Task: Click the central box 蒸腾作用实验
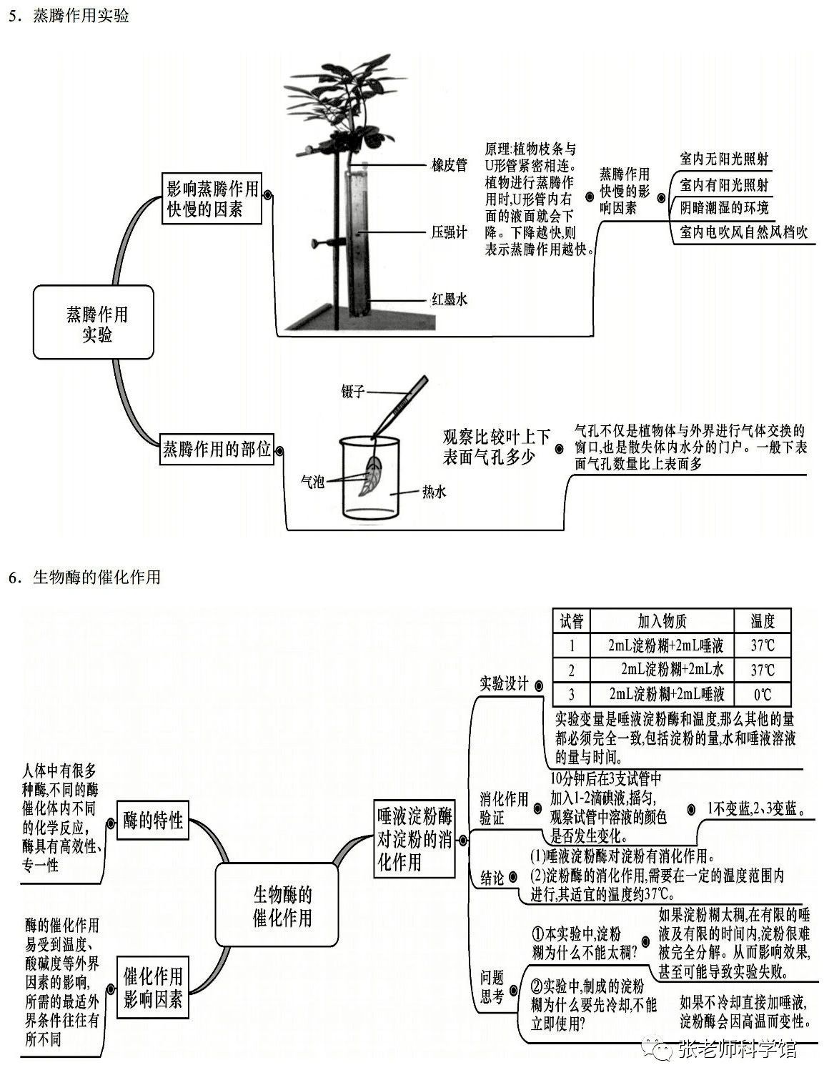tap(94, 322)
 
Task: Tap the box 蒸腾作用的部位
tap(217, 449)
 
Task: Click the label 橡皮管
tap(449, 165)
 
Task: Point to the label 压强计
tap(449, 232)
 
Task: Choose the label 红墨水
tap(449, 299)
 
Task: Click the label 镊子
tap(353, 391)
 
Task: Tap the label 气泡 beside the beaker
tap(312, 482)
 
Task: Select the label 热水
tap(434, 491)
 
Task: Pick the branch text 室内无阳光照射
tap(724, 159)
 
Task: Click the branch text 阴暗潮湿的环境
tap(724, 208)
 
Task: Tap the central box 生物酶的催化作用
tap(277, 905)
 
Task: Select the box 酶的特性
tap(153, 820)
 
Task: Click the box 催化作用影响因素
tap(153, 987)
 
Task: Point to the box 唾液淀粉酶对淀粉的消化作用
tap(415, 838)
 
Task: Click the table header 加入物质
tap(662, 620)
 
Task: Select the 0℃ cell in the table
tap(762, 693)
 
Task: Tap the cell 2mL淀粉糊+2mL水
tap(662, 670)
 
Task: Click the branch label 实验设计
tap(504, 683)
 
